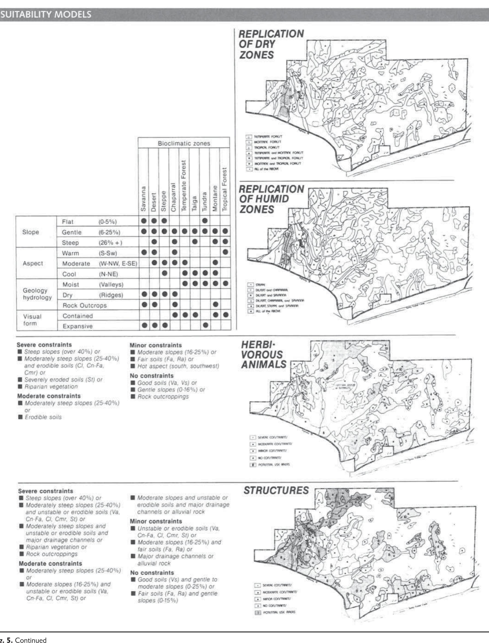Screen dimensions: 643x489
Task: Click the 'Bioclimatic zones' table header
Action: (184, 143)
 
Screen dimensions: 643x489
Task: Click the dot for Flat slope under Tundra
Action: (205, 221)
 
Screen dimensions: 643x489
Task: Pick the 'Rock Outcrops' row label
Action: (85, 305)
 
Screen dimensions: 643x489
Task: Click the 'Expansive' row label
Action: (77, 326)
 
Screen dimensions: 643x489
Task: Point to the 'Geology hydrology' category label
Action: (35, 294)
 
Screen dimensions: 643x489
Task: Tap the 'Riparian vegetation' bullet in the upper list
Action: (51, 387)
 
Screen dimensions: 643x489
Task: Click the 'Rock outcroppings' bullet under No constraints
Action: (163, 397)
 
